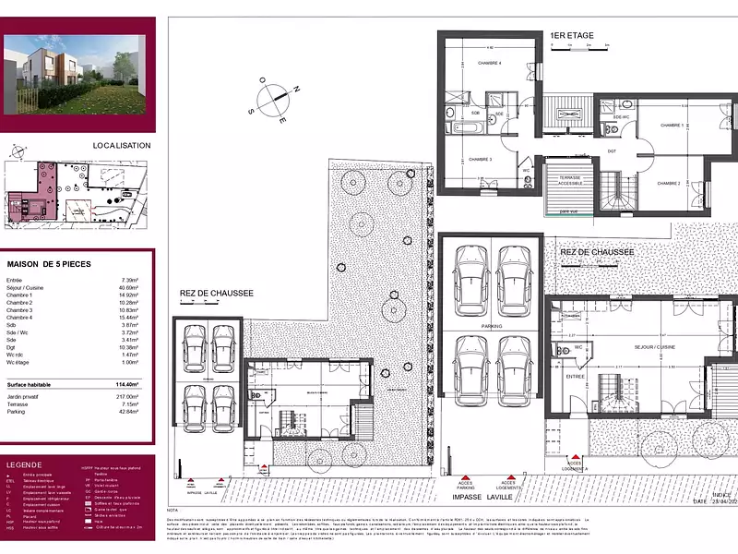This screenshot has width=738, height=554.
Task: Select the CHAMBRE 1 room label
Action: click(670, 125)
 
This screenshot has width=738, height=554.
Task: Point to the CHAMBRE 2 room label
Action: click(669, 184)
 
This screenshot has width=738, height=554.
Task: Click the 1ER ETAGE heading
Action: click(572, 36)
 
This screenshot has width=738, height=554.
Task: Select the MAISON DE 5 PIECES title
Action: click(49, 263)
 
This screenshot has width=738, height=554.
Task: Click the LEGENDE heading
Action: click(24, 464)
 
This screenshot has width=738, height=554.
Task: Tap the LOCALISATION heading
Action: click(121, 145)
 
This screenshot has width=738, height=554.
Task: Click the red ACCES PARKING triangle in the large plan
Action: click(466, 472)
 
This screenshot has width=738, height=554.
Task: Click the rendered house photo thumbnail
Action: click(76, 66)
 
